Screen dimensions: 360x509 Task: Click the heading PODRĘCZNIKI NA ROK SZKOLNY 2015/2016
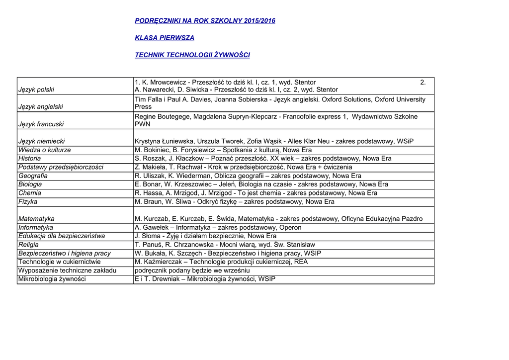[x=205, y=21]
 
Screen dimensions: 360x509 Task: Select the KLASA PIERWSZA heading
[x=165, y=38]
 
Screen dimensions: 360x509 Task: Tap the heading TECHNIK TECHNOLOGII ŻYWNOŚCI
[x=192, y=55]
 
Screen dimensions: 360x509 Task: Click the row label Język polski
[x=36, y=90]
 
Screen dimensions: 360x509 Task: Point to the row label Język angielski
[x=41, y=107]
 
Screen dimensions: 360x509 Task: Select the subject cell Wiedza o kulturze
[x=45, y=150]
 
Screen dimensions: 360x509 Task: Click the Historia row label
[x=30, y=159]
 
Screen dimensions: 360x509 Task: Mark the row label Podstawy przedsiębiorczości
[x=61, y=167]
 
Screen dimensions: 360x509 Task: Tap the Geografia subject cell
[x=33, y=176]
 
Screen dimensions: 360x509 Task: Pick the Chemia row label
[x=30, y=193]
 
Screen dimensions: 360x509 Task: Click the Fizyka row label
[x=28, y=202]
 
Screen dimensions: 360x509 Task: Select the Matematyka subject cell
[x=36, y=219]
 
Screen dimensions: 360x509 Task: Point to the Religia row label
[x=28, y=245]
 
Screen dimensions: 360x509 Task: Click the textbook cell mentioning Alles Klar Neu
[x=274, y=141]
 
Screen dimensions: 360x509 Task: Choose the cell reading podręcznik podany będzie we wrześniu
[x=192, y=270]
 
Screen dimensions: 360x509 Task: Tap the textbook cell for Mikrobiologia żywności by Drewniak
[x=205, y=279]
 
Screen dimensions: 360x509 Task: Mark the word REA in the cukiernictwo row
[x=301, y=262]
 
